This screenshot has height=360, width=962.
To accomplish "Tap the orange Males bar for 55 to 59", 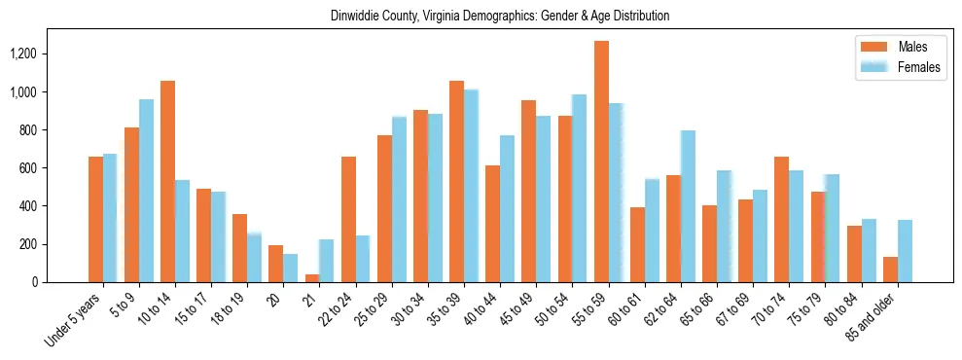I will [601, 162].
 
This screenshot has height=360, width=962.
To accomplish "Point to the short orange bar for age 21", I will [312, 278].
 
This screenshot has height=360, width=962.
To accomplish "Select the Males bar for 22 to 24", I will [348, 220].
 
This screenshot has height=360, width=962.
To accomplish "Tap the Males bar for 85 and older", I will [890, 270].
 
